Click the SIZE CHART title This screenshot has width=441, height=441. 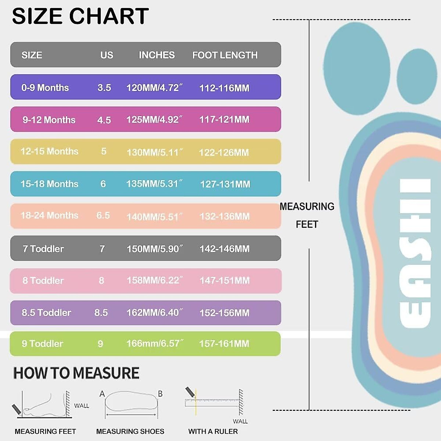click(x=80, y=16)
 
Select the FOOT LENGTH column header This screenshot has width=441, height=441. click(x=225, y=55)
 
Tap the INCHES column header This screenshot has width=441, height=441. click(x=157, y=55)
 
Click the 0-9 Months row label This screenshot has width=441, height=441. click(x=45, y=88)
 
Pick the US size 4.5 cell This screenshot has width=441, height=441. click(x=104, y=120)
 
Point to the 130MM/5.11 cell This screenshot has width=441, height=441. click(x=154, y=152)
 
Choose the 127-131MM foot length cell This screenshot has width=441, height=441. click(x=225, y=184)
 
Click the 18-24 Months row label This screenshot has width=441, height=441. click(x=49, y=216)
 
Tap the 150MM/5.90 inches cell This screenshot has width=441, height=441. click(x=154, y=249)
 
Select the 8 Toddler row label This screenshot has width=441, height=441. click(x=43, y=281)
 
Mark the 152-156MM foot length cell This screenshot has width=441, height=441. click(x=224, y=313)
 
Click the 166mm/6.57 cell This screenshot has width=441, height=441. click(x=154, y=344)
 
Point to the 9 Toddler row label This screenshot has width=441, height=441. click(x=42, y=344)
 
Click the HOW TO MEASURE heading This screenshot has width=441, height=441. click(x=76, y=373)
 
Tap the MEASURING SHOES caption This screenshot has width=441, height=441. click(x=130, y=431)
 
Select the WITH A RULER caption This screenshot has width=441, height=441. click(x=213, y=431)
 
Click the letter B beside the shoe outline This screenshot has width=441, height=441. click(x=160, y=394)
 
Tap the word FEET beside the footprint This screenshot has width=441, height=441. click(x=307, y=225)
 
